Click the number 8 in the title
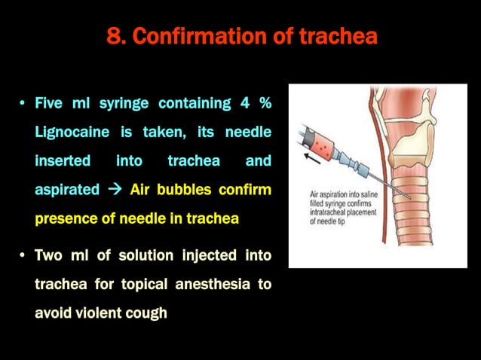pyautogui.click(x=115, y=36)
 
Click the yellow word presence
pyautogui.click(x=66, y=219)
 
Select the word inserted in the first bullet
pyautogui.click(x=63, y=161)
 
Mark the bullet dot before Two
pyautogui.click(x=23, y=255)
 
